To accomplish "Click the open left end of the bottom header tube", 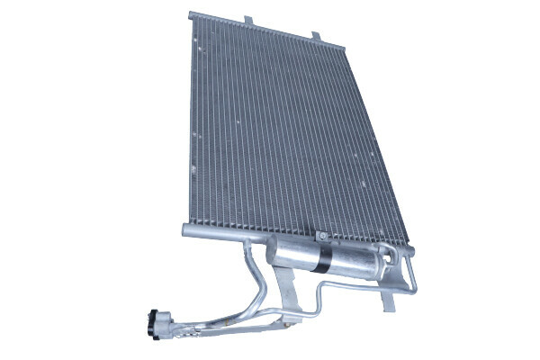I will coord(184,230).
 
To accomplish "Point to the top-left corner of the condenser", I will coord(192,15).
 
